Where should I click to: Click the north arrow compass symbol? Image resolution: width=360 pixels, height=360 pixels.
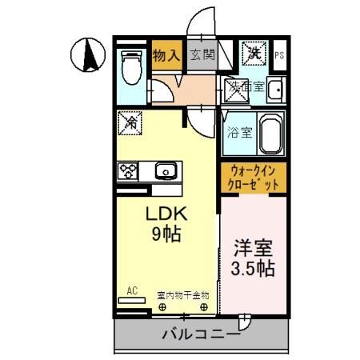[90, 54]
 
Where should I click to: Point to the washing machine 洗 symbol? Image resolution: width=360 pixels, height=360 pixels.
[254, 54]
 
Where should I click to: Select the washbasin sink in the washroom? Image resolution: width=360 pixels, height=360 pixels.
[275, 90]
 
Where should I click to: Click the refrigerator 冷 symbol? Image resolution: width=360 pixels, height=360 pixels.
[130, 122]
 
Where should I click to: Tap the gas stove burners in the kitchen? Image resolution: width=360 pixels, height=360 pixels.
[129, 170]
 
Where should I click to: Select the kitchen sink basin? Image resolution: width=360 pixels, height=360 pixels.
[166, 170]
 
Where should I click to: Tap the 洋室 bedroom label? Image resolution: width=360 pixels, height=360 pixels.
[253, 248]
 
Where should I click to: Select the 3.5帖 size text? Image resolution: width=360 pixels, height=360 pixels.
[253, 269]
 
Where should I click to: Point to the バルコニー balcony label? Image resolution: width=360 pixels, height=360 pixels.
[200, 334]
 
